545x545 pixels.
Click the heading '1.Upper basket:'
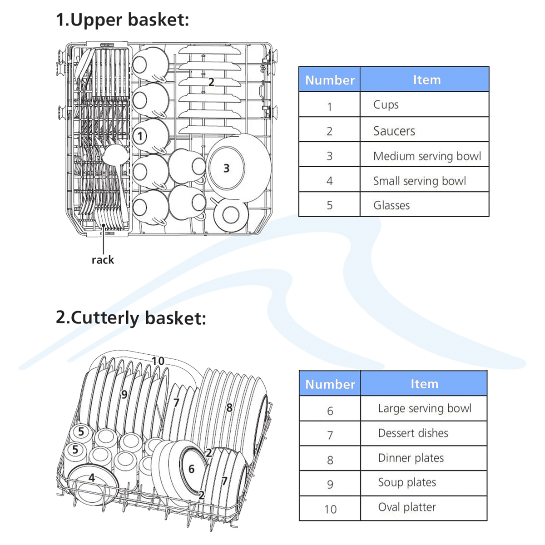122,20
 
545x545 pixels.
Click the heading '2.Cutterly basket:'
131,317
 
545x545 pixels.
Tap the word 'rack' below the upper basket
103,260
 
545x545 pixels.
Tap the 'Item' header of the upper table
426,80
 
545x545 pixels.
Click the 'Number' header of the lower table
330,384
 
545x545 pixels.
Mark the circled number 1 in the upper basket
140,135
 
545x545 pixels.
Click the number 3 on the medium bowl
226,168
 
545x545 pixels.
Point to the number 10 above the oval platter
158,361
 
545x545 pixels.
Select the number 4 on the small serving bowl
92,478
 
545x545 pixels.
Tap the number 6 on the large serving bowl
191,469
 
